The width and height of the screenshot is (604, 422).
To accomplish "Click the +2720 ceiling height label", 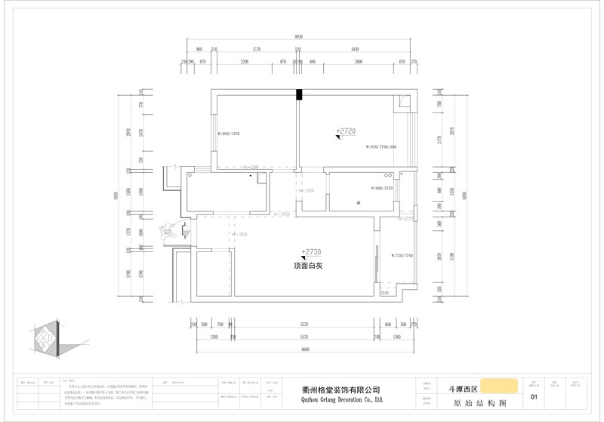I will pos(345,131).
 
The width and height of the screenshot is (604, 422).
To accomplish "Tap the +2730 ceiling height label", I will pos(311,252).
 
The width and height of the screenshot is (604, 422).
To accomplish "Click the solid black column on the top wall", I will pos(299,94).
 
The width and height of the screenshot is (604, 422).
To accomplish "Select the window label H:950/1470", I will pos(229,134).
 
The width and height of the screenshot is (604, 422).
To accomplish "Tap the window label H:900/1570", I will pos(382,188).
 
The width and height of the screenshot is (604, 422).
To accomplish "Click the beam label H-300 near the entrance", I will pos(239,235).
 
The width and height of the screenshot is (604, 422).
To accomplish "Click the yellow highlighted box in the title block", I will pos(499,386).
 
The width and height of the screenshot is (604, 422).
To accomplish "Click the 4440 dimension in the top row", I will pos(354,48).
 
